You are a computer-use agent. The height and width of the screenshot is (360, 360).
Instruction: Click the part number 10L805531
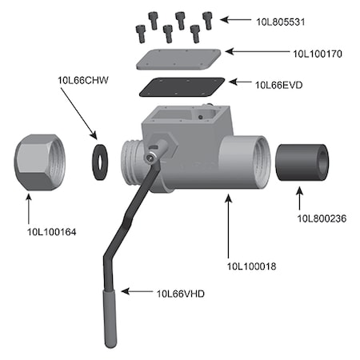[281, 22]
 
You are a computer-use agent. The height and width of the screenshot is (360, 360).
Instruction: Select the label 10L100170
[318, 54]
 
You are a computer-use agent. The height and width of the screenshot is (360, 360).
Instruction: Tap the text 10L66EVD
[279, 85]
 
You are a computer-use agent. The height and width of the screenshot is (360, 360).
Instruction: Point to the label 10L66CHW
[83, 80]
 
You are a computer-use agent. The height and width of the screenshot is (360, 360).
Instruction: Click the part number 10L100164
[52, 232]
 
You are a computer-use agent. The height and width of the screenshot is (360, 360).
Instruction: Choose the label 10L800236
[322, 218]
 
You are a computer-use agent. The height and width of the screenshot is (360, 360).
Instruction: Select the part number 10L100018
[251, 266]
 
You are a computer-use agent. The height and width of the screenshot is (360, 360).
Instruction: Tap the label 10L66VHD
[181, 294]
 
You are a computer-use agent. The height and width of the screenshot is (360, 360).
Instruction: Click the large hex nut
[40, 162]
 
